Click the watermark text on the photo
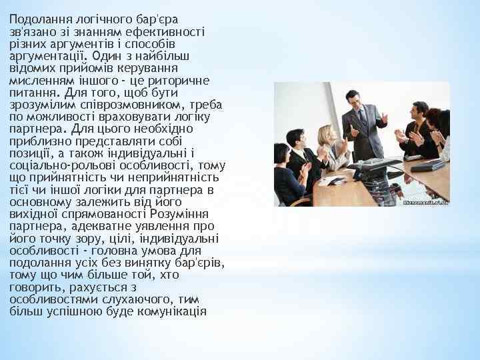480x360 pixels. [426, 201]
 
